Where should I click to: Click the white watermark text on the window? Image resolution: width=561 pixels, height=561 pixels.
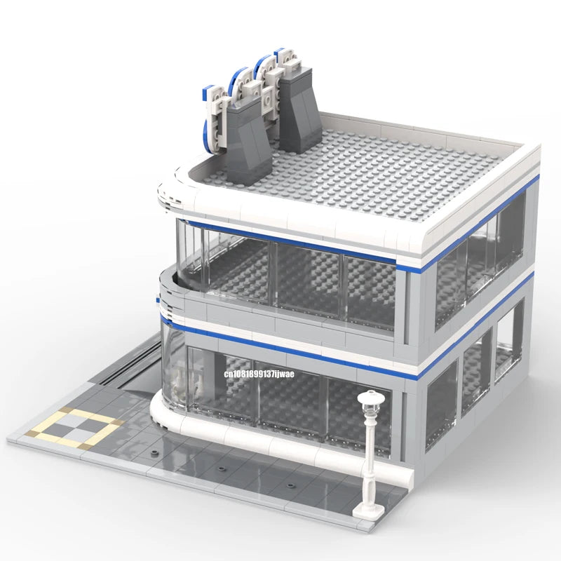tap(259, 374)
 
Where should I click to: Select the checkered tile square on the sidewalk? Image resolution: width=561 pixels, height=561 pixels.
tap(74, 428)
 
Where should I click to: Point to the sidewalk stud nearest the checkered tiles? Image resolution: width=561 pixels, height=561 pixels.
tap(154, 453)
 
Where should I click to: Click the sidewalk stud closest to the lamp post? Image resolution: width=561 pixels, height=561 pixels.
tap(290, 486)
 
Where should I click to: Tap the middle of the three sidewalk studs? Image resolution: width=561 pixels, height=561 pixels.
tap(222, 469)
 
